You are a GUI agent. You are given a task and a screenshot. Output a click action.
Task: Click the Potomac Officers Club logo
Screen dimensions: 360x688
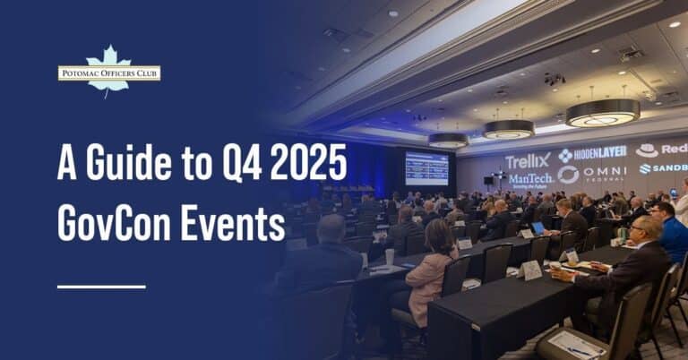coord(108,72)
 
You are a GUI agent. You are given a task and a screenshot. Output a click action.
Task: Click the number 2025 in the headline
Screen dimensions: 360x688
coord(314,163)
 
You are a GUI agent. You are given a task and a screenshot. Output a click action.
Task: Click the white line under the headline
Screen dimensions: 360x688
coord(101,287)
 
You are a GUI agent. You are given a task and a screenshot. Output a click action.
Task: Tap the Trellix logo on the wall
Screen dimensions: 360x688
coord(527,162)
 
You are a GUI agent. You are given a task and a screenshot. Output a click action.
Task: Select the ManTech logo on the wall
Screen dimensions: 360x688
coord(530,180)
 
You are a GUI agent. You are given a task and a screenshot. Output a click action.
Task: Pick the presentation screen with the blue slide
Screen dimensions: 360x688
coord(426,167)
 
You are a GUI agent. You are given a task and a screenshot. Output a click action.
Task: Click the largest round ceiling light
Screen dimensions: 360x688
coord(602,113)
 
